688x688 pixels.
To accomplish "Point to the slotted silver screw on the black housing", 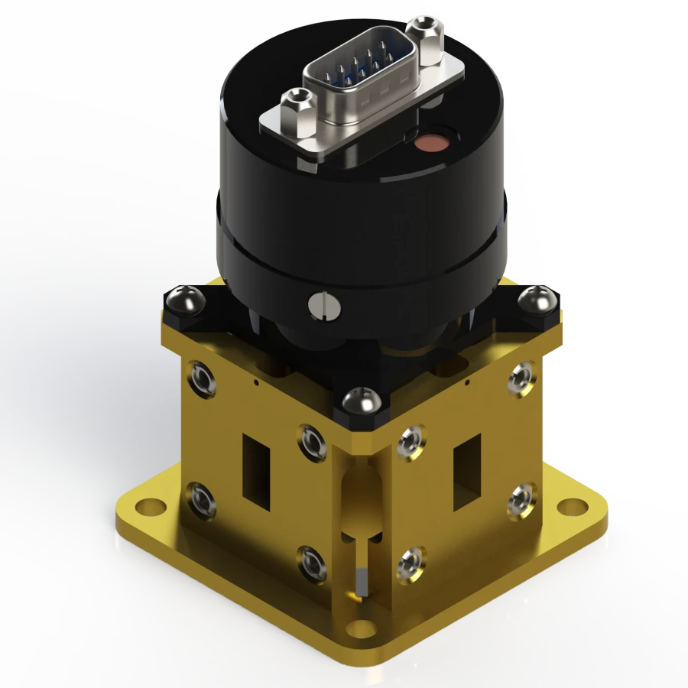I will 321,305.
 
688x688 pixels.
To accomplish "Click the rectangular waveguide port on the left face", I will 256,470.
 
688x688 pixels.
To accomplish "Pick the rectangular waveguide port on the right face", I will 467,472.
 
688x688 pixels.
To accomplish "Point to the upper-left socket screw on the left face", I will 204,378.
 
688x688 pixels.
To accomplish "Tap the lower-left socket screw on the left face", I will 200,499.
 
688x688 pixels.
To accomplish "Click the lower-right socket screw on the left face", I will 312,563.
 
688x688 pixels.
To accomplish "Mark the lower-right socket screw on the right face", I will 522,499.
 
